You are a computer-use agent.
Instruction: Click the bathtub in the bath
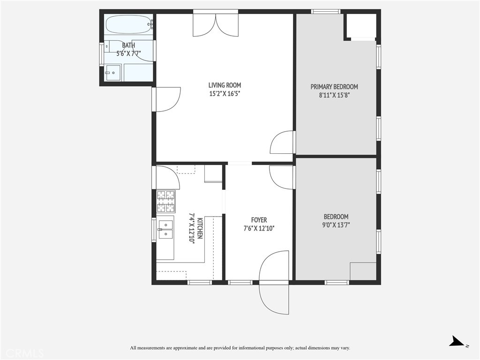click(129, 24)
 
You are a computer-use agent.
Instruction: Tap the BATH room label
click(128, 45)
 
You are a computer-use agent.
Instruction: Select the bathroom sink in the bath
click(113, 73)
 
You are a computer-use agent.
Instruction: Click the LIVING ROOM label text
click(225, 85)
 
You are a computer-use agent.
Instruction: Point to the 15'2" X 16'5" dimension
click(225, 94)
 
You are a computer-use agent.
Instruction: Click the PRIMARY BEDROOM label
click(334, 87)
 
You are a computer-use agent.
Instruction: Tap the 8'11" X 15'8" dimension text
click(334, 95)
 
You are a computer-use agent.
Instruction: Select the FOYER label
click(259, 220)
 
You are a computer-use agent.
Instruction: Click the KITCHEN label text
click(200, 228)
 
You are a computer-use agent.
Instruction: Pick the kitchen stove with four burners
click(166, 202)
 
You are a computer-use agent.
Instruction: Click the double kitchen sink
click(165, 230)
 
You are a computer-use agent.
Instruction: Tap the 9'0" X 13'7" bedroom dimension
click(336, 225)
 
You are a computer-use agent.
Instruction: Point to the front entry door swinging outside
click(274, 299)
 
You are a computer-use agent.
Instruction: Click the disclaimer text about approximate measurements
click(240, 348)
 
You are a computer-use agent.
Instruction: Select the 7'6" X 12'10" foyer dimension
click(259, 228)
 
